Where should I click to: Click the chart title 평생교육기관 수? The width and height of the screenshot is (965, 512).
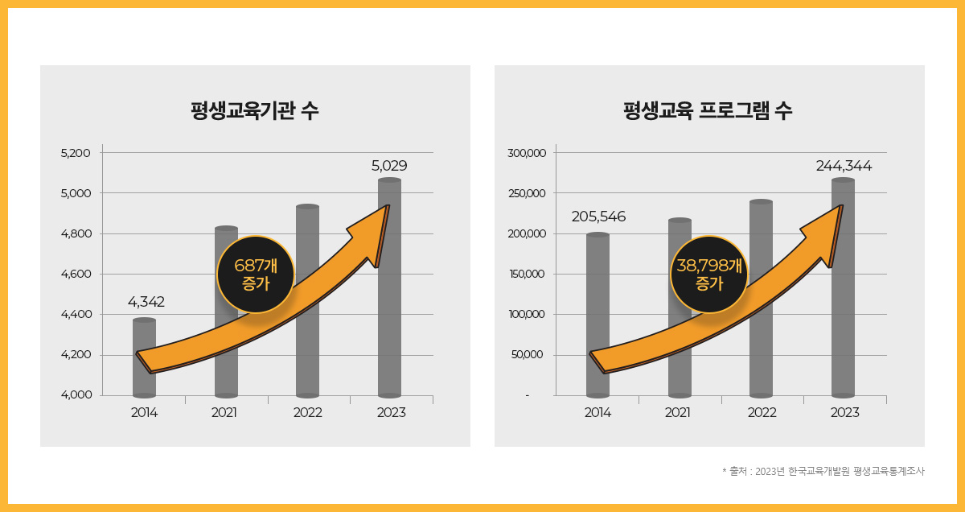coord(255,110)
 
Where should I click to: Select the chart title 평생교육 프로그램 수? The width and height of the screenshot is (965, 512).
coord(708,110)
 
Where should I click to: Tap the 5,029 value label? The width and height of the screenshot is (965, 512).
coord(389,166)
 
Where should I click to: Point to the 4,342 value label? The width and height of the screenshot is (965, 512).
coord(146,302)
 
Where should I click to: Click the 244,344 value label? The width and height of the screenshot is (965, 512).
coord(844,166)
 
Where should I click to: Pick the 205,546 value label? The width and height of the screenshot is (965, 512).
coord(598,217)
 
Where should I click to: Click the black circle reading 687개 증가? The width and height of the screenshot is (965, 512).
coord(255,274)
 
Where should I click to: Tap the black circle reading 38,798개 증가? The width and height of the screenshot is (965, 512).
coord(708,274)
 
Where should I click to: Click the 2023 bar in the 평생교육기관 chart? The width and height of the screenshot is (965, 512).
coord(389,322)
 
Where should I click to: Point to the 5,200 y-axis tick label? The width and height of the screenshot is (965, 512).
coord(76,152)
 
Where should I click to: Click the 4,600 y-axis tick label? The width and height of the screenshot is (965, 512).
coord(76,274)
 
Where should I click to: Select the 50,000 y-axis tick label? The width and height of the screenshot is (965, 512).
coord(528,355)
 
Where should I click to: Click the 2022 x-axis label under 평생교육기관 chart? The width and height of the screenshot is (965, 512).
coord(307,412)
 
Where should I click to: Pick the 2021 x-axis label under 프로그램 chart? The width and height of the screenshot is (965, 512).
coord(678,412)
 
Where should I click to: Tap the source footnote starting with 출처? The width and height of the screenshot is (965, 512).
coord(823,471)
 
